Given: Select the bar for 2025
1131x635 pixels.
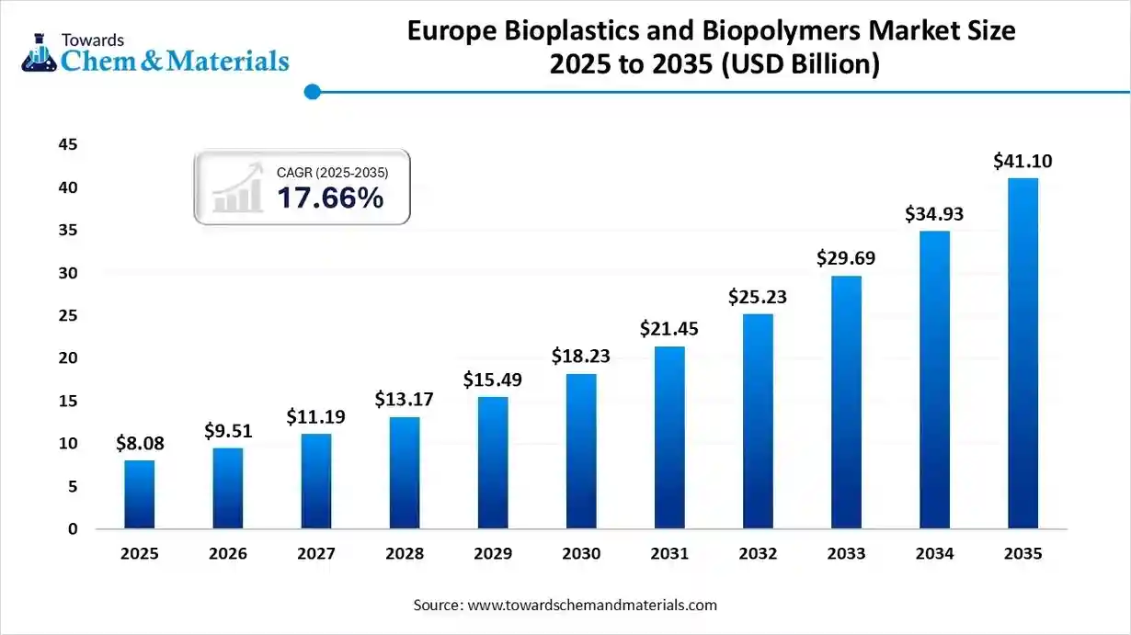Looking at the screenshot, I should [139, 494].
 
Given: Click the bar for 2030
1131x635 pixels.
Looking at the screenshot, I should [581, 450].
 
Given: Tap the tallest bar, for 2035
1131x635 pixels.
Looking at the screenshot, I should [1022, 354].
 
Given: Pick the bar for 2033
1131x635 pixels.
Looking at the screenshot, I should [846, 402].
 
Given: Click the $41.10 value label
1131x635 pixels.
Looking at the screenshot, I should [1022, 162].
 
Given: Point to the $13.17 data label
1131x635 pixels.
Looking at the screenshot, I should [404, 400].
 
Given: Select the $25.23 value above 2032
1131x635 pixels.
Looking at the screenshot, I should [758, 297].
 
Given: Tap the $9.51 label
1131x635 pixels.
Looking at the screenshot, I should [228, 431].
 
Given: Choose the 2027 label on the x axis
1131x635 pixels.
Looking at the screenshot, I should [315, 554].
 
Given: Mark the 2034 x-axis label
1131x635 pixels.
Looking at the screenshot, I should [934, 554].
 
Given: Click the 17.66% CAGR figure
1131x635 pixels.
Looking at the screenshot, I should [330, 197].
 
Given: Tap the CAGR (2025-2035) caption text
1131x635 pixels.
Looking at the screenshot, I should [332, 173].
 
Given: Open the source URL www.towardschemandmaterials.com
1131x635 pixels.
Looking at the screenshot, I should [592, 606].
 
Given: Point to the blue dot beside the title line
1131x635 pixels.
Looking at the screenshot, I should [313, 92].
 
